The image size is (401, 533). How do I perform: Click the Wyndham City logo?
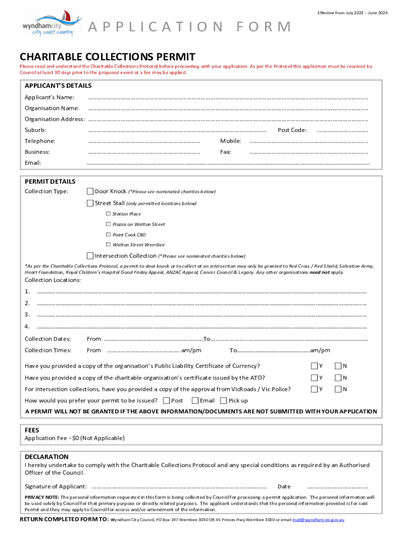point(52,24)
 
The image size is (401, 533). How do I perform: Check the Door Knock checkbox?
point(90,192)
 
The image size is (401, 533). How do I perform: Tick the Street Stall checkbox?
point(90,203)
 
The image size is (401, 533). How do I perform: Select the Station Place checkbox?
point(108,214)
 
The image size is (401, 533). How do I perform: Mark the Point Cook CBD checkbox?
point(108,235)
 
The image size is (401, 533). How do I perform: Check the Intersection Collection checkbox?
point(90,256)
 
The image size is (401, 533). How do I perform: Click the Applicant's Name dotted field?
point(228,98)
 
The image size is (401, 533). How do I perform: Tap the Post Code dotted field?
point(343,131)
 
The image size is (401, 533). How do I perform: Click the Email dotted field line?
point(228,163)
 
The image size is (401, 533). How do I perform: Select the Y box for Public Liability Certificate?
point(315,366)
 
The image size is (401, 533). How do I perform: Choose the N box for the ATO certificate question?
point(338,377)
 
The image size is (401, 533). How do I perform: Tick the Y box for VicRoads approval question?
point(315,389)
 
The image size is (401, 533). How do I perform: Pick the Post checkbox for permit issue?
point(167,401)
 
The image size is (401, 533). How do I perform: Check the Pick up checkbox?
point(223,401)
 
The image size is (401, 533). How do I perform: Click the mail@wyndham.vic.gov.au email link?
point(318,520)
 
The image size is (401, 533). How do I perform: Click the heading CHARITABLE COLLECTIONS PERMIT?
point(107,57)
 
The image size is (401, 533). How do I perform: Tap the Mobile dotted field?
point(308,142)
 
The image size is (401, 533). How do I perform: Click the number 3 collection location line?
point(202,315)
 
